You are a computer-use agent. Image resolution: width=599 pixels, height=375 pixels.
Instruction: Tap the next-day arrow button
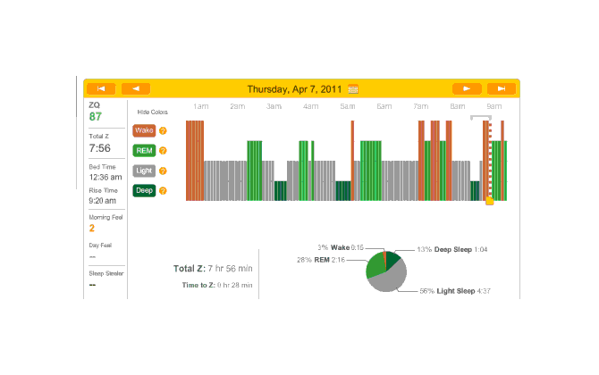pos(467,88)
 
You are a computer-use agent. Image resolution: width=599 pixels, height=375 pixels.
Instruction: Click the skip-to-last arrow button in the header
pos(502,88)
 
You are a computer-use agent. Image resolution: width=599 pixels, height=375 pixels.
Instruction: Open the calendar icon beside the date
pos(353,89)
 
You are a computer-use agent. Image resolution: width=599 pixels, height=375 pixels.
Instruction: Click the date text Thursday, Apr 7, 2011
pos(295,89)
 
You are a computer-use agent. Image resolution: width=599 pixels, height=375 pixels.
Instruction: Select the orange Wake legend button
pos(144,130)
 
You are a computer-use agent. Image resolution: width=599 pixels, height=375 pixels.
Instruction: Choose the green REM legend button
pos(144,150)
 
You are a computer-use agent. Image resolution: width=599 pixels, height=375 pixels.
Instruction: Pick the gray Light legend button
pos(144,170)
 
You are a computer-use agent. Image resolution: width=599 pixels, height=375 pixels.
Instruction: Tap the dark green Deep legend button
pos(144,190)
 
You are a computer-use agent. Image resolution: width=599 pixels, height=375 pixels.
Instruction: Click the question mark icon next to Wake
pos(164,130)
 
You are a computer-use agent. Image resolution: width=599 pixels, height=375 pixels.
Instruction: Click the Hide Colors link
pos(152,112)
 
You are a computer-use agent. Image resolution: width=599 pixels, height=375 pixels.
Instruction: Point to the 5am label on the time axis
pos(384,107)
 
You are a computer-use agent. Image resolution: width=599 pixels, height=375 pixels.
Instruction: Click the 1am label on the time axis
pos(200,107)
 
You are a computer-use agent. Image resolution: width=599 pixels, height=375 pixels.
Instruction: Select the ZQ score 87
pos(96,116)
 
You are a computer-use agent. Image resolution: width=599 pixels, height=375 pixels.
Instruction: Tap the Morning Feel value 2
pos(91,228)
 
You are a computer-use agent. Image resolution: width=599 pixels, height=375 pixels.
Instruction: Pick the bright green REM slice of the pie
pos(375,262)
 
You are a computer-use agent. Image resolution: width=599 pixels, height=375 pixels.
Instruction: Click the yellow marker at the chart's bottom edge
pos(489,201)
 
